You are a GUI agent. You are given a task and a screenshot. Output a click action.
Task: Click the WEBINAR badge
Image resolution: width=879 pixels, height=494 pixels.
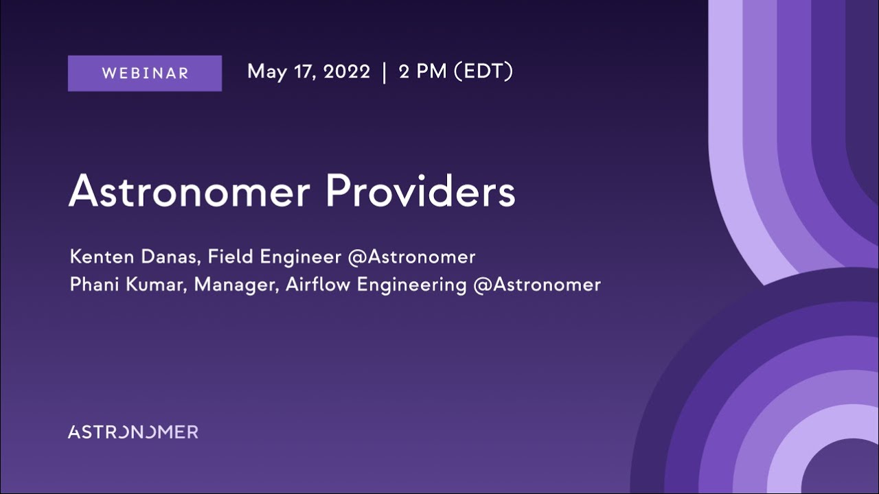(x=145, y=73)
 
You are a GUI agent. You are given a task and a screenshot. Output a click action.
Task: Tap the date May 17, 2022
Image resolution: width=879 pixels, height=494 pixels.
(x=308, y=71)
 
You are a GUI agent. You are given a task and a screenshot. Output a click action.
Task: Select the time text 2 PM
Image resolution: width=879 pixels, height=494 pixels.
(x=422, y=71)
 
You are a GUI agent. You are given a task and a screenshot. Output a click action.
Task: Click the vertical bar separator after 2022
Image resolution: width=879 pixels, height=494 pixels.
(x=385, y=72)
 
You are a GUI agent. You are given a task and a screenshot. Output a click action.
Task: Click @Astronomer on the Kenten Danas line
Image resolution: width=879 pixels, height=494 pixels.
(x=411, y=257)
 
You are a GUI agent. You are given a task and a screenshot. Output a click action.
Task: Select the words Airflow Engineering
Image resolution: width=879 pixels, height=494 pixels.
(x=376, y=284)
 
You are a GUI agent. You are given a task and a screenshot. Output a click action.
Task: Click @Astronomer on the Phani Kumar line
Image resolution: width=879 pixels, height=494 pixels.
(x=537, y=284)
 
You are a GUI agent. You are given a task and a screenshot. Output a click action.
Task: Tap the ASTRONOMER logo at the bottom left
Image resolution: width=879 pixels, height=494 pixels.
(x=133, y=432)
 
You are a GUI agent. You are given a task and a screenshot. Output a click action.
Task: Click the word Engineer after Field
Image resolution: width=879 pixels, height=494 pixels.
(x=300, y=257)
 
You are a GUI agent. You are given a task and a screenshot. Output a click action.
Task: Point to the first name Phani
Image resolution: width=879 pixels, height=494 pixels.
(x=96, y=284)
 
